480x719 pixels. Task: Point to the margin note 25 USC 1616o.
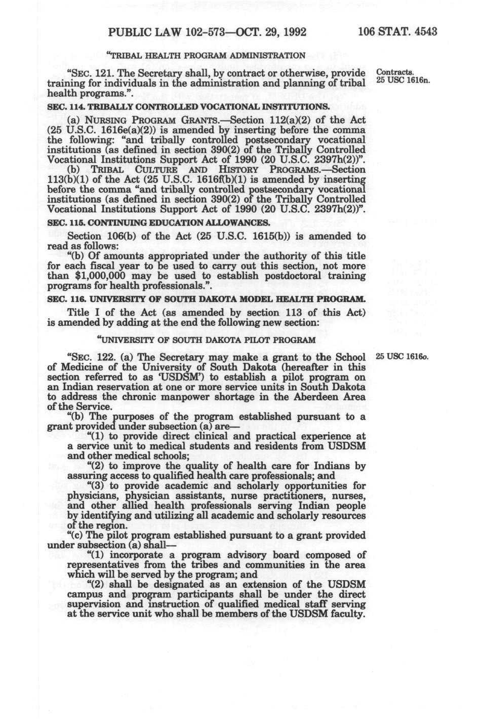pyautogui.click(x=402, y=356)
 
